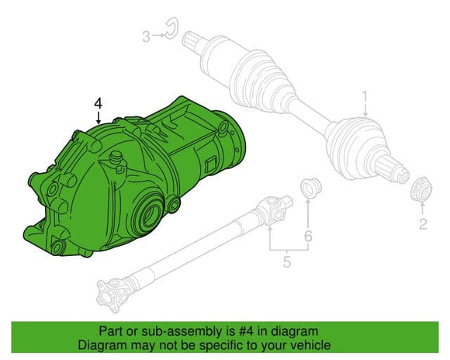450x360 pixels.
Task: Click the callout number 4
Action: (x=98, y=102)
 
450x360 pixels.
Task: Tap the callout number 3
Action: (x=145, y=35)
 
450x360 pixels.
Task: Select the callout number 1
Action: (x=362, y=95)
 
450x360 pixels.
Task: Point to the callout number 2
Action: (x=424, y=224)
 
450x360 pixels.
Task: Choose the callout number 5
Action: (x=286, y=263)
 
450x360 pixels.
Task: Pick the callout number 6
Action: (x=308, y=235)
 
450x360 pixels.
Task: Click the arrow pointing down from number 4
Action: (x=98, y=118)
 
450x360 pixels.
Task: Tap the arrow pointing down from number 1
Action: (x=362, y=110)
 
